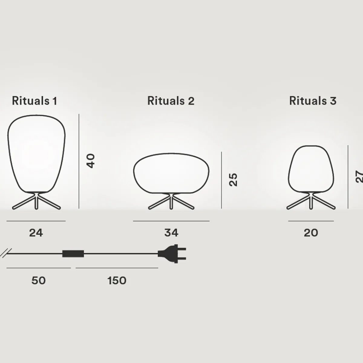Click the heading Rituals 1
point(34,101)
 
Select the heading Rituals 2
point(171,101)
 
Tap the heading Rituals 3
point(313,101)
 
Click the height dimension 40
point(90,161)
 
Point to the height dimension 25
point(233,180)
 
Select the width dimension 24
point(36,233)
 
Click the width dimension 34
point(171,233)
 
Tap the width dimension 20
point(311,233)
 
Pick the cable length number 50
point(38,280)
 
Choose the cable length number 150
point(117,280)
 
